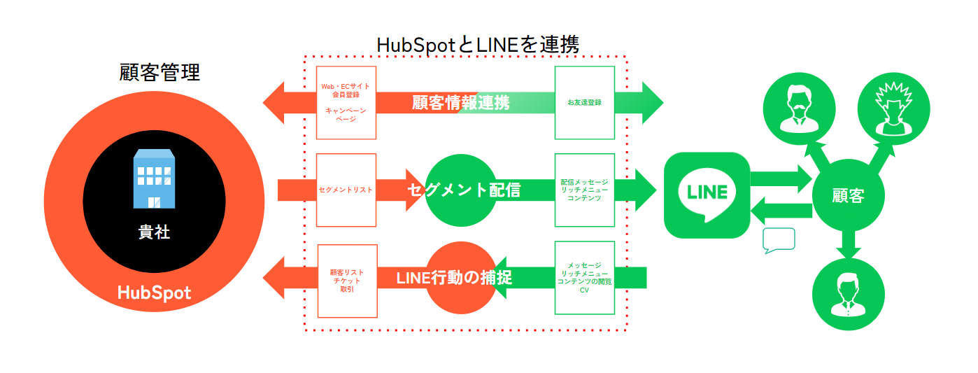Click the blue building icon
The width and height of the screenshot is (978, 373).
(x=154, y=179)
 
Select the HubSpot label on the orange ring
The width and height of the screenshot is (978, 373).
(x=154, y=292)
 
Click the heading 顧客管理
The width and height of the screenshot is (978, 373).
(x=160, y=73)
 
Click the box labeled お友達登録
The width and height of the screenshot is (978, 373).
(x=585, y=102)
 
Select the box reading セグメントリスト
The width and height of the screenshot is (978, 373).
(x=346, y=190)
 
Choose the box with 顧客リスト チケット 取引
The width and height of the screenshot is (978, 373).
(x=347, y=281)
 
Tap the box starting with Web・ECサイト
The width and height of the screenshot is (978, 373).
(x=346, y=102)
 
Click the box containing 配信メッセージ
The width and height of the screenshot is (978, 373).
(x=585, y=190)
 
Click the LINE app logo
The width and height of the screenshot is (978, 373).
(x=707, y=195)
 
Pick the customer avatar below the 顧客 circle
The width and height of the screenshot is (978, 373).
(x=847, y=295)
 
